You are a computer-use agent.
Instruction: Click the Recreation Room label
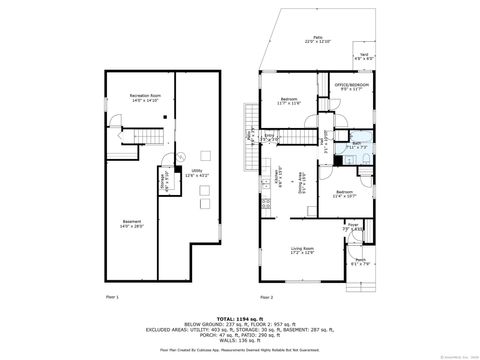146,98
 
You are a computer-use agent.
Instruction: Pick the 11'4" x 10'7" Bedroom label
344,193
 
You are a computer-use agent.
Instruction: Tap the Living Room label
302,249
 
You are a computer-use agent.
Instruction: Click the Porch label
360,263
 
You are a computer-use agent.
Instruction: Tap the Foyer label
353,226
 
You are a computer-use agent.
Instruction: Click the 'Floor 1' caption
112,297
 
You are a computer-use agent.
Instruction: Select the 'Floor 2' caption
266,297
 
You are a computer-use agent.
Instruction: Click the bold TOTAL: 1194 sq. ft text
239,315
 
